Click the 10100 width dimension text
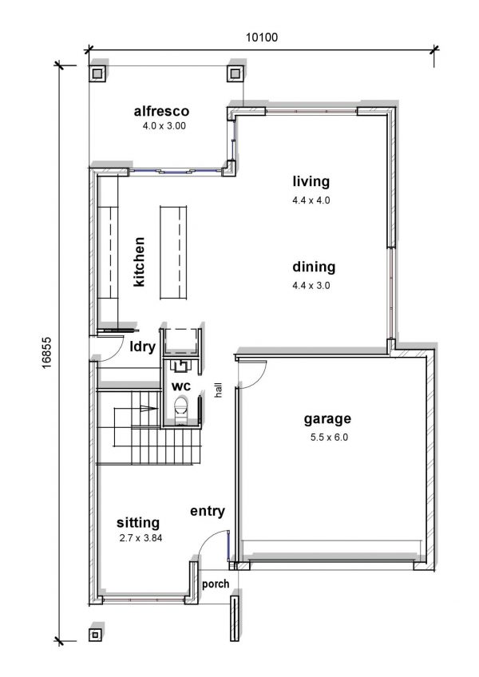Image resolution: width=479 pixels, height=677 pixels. [262, 38]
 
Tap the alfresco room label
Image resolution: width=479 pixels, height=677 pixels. [161, 112]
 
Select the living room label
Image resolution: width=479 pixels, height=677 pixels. [311, 181]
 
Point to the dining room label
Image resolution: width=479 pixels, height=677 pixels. [314, 267]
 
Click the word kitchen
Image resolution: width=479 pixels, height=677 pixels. [139, 262]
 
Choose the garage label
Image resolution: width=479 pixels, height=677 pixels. [327, 419]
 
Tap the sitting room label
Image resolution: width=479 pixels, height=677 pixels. [138, 523]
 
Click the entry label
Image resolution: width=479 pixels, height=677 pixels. [208, 511]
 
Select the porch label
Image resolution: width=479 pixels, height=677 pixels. [216, 584]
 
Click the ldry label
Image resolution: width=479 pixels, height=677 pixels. [143, 346]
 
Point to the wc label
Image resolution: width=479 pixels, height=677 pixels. [181, 386]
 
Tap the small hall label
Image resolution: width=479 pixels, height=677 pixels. [219, 390]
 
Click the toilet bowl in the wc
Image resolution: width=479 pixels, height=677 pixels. [181, 408]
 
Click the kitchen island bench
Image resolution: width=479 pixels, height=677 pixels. [173, 252]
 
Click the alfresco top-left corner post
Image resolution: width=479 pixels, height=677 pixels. [97, 73]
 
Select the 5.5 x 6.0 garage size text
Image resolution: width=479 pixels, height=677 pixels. [329, 437]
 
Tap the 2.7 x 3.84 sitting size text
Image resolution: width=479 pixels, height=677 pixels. [141, 538]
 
